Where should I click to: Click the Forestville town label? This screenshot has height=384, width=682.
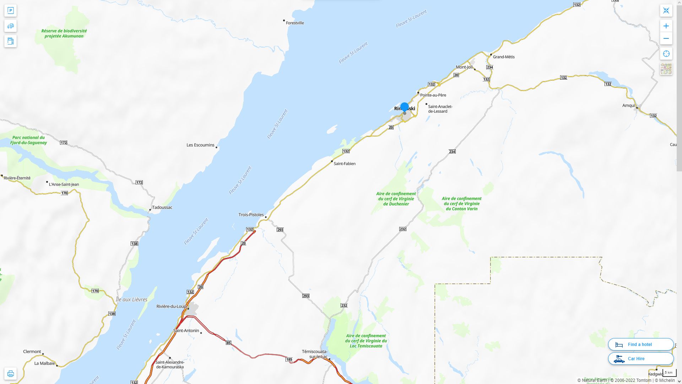(294, 23)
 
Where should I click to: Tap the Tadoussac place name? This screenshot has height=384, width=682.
(162, 207)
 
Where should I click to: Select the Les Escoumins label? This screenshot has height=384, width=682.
(200, 145)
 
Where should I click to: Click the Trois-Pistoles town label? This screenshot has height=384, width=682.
(251, 215)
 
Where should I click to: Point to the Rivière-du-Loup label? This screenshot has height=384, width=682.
(171, 306)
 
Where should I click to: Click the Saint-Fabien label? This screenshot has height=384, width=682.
(345, 164)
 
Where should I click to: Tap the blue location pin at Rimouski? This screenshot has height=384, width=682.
(404, 107)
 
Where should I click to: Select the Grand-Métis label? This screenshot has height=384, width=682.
(503, 57)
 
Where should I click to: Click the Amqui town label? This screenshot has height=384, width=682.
(628, 106)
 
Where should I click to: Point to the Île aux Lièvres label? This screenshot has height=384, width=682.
(131, 300)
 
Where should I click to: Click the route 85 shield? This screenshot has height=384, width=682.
(228, 343)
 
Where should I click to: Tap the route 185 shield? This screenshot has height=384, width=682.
(289, 359)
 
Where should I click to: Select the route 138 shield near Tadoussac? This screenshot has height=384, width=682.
(134, 244)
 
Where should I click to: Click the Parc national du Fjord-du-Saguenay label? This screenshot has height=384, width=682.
(28, 140)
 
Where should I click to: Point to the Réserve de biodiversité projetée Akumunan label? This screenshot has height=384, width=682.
(64, 33)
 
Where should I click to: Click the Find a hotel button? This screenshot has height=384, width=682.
(640, 344)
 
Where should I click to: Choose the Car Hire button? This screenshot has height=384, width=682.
(640, 359)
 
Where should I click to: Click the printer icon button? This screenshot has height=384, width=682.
(10, 374)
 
